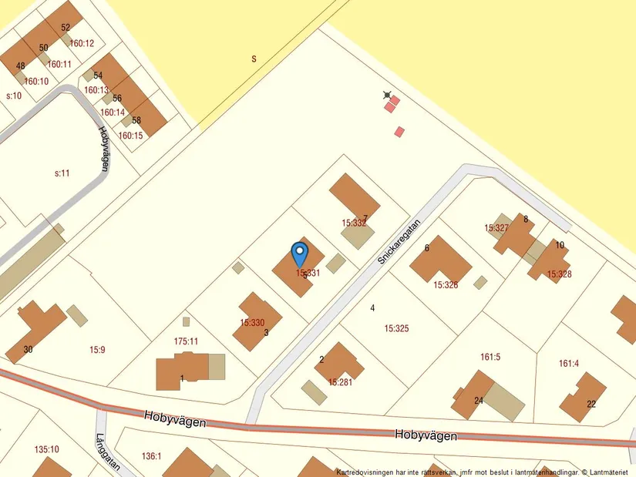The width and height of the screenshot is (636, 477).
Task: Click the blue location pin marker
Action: click(300, 253)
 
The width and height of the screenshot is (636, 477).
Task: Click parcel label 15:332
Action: click(354, 223)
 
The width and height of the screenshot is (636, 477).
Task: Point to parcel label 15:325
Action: click(396, 328)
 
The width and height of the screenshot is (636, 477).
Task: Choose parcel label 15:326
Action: click(446, 284)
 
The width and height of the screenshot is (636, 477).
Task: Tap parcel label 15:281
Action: click(341, 381)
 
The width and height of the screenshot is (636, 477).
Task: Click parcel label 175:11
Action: click(186, 341)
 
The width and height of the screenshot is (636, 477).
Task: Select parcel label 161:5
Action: click(490, 357)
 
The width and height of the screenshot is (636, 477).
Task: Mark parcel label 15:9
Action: click(96, 349)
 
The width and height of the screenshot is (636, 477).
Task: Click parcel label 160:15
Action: click(130, 136)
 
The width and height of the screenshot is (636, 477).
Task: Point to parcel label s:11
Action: click(62, 173)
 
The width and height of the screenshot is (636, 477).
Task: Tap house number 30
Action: click(28, 349)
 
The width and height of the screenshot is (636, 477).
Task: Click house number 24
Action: click(478, 400)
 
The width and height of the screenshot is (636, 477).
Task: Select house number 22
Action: click(591, 404)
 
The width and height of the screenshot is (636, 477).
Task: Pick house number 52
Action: click(66, 28)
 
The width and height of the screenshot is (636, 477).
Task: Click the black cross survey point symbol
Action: click(387, 96)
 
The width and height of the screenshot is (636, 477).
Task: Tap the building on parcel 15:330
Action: click(257, 320)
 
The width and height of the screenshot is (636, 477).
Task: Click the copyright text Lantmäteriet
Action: click(609, 472)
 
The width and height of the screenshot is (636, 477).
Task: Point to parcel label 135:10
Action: click(46, 449)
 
